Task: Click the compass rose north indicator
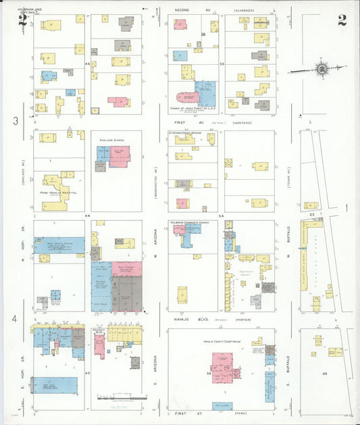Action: pyautogui.click(x=322, y=69)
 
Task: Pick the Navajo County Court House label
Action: pyautogui.click(x=221, y=342)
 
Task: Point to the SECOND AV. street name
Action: pyautogui.click(x=184, y=11)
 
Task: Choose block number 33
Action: pyautogui.click(x=222, y=64)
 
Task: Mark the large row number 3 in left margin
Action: pyautogui.click(x=15, y=121)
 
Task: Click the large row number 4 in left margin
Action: pyautogui.click(x=15, y=318)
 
